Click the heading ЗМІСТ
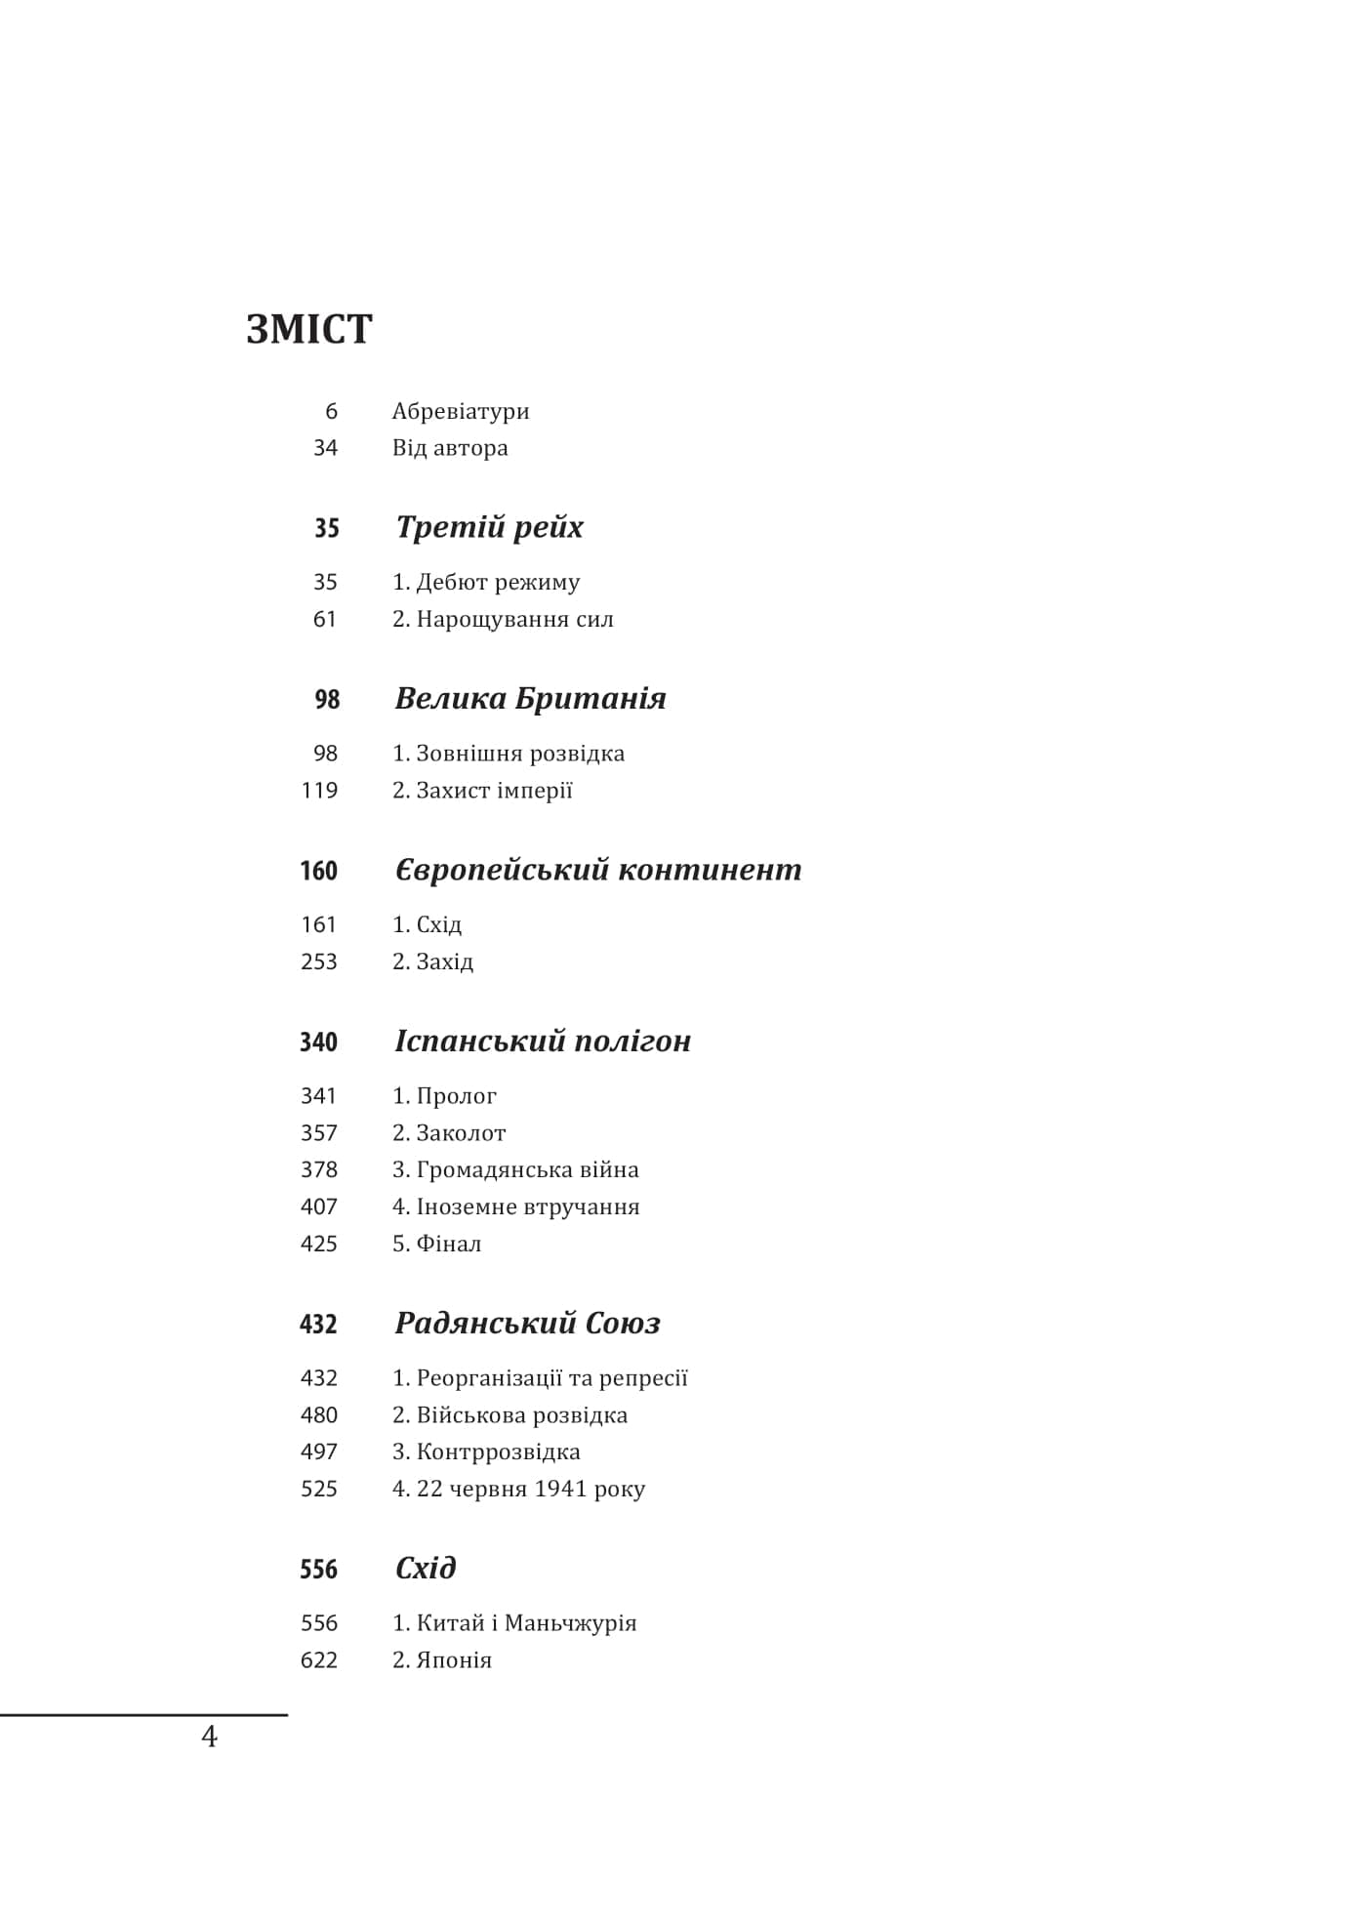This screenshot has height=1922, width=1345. [308, 329]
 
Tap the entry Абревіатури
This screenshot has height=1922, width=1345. [461, 411]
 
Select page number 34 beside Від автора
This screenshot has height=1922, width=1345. [325, 448]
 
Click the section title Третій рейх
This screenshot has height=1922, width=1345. [489, 527]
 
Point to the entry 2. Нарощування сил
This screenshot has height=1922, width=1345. [503, 619]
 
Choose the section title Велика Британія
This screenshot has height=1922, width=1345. [530, 698]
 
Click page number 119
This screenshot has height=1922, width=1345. [319, 791]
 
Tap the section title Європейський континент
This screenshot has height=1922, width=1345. [597, 869]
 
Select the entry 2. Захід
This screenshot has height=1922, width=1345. [432, 961]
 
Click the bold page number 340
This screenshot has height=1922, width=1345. [318, 1042]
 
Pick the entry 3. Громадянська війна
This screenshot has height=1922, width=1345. [515, 1169]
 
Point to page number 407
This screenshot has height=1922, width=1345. [319, 1206]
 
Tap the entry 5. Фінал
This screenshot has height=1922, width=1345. [436, 1244]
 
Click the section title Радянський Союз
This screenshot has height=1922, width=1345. [527, 1323]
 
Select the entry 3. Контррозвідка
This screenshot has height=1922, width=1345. [486, 1452]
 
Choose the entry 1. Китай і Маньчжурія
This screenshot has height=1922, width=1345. [514, 1622]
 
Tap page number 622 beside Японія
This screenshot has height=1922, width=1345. [319, 1659]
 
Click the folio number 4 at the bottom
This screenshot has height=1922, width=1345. [209, 1737]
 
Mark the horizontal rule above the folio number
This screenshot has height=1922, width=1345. [143, 1714]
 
